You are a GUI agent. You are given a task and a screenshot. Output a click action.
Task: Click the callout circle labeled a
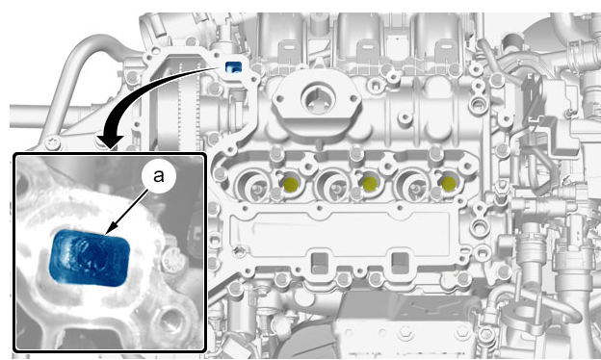(x=159, y=176)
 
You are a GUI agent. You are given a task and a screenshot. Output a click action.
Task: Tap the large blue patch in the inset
(x=91, y=258)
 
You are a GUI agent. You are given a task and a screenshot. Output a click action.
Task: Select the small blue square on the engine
(x=233, y=67)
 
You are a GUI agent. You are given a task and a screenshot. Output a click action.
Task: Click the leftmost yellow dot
(x=291, y=184)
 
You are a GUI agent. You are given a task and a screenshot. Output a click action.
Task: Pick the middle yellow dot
(x=370, y=184)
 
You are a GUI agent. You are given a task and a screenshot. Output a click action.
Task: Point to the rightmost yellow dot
(x=449, y=184)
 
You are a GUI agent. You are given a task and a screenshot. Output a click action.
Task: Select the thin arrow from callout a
(x=126, y=212)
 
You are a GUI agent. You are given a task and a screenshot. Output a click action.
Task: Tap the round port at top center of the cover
(x=319, y=99)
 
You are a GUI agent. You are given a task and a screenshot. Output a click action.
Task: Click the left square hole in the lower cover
(x=320, y=263)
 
